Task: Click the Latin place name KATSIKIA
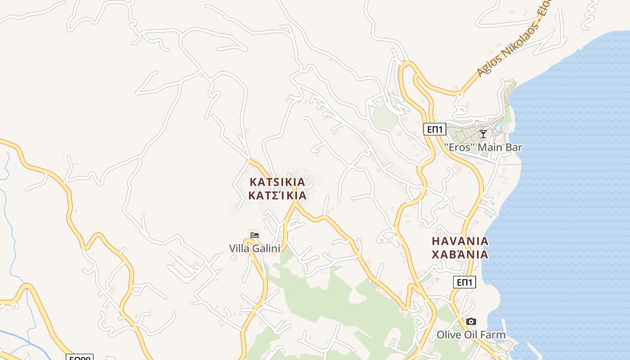277,182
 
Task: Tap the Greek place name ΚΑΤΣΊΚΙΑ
277,195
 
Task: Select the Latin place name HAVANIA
460,241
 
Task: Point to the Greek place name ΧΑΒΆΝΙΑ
460,255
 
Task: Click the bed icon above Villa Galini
255,235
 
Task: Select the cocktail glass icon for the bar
483,134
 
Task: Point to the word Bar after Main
513,147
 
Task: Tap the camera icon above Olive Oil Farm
471,321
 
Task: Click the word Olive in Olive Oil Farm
448,335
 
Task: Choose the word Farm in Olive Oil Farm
494,335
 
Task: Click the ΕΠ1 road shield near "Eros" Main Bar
435,130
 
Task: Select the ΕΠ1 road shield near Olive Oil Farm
464,282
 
